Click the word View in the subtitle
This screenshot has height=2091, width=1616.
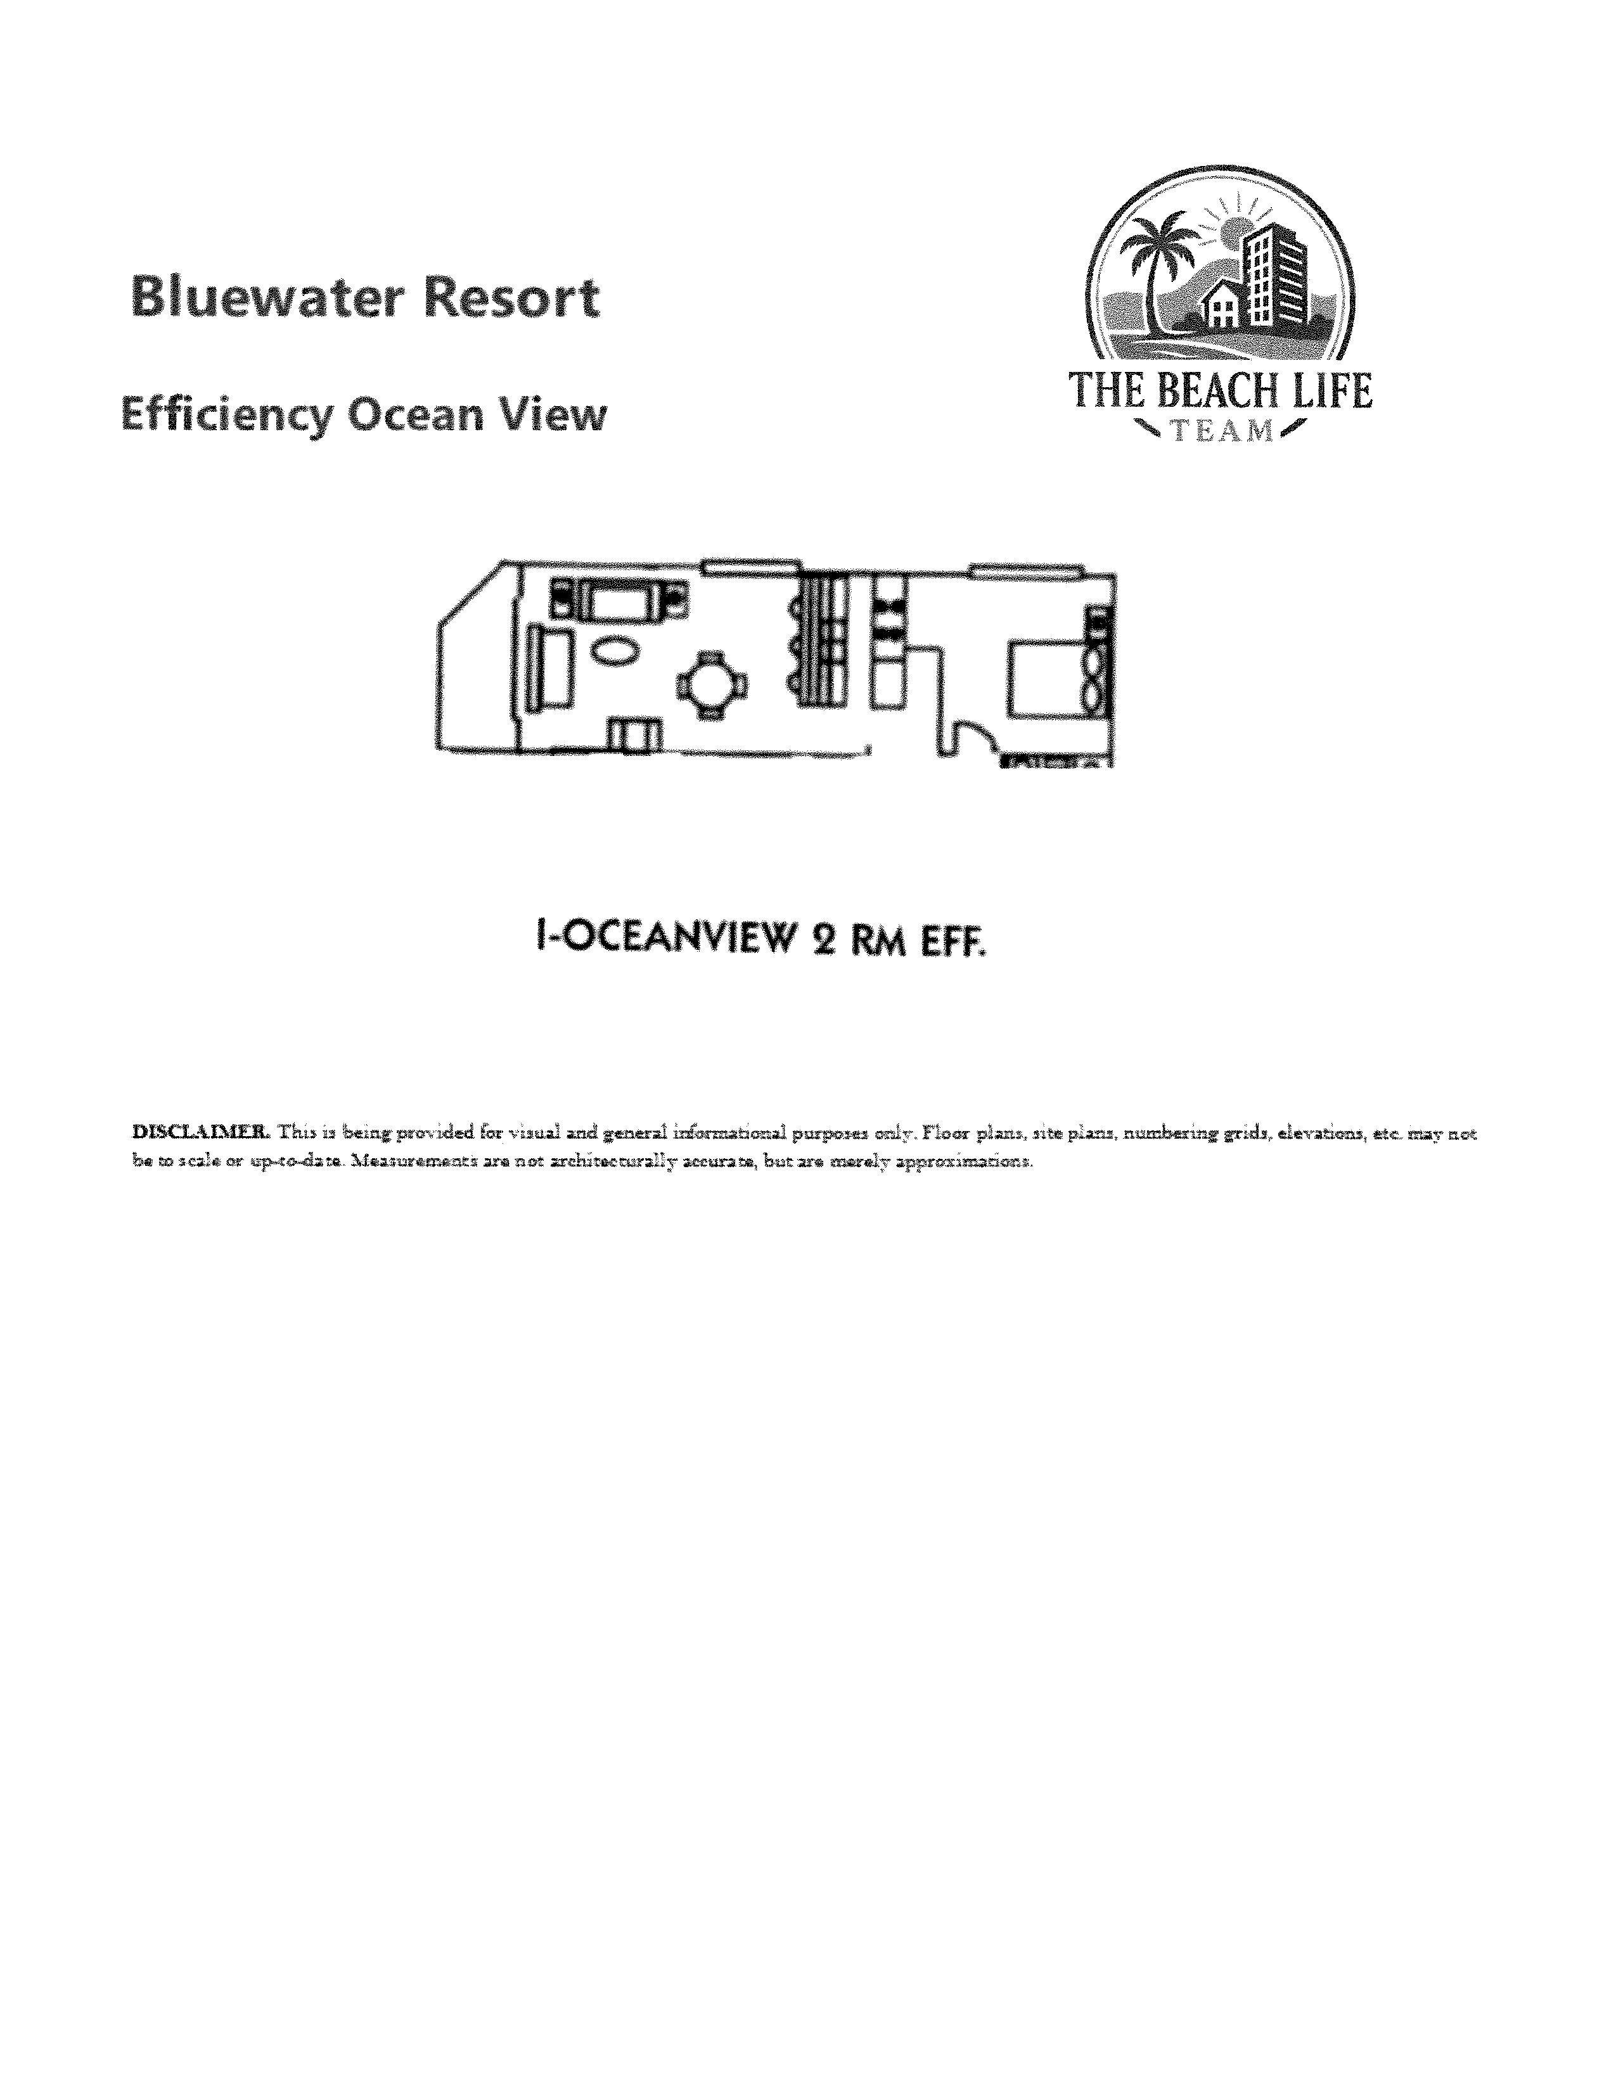coord(557,416)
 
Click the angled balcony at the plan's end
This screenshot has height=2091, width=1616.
coord(477,661)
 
